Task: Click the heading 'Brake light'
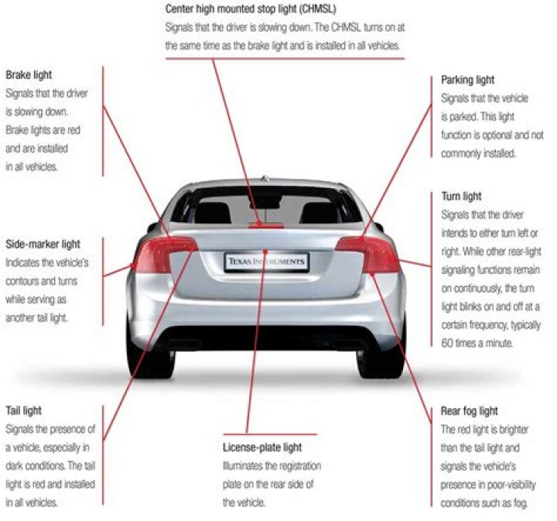pos(29,75)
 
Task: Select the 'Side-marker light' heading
pos(43,244)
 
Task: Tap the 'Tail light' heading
pos(24,410)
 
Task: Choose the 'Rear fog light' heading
pos(469,410)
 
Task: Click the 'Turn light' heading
pos(461,197)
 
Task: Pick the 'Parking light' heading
pos(467,80)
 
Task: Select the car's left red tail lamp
pos(164,253)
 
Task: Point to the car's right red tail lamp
pos(368,253)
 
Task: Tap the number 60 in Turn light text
pos(448,341)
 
